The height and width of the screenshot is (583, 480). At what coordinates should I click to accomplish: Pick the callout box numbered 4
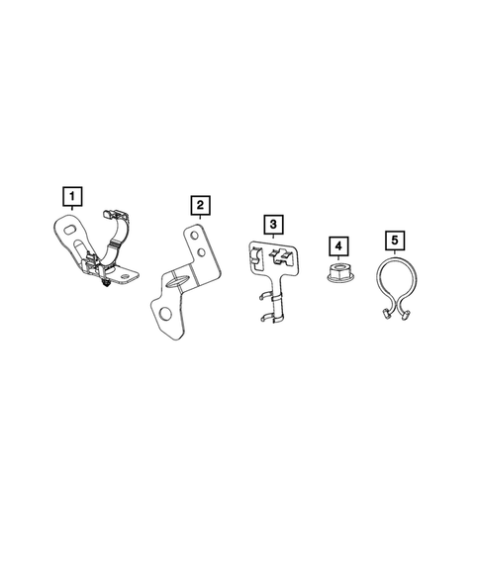click(338, 244)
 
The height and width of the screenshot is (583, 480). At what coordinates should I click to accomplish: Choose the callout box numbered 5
click(394, 239)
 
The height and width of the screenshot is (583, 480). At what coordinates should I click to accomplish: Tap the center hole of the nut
click(338, 268)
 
